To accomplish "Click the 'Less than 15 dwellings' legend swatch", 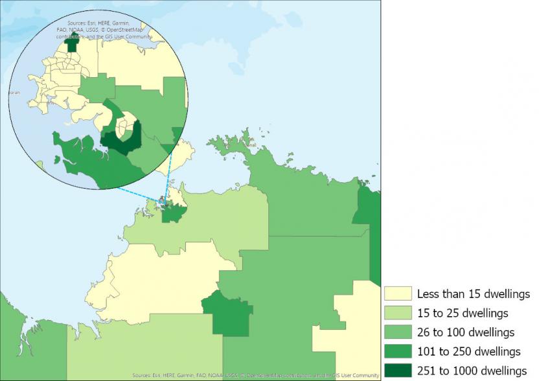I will [398, 294].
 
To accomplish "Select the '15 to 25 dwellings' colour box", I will [398, 313].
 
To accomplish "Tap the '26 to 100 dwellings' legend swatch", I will [398, 332].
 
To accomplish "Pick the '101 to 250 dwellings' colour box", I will [398, 351].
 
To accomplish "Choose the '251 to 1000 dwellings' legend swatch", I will [398, 371].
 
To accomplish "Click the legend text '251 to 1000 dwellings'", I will [472, 371].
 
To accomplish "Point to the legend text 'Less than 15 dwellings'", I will [474, 294].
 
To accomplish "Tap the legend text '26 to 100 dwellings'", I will [466, 332].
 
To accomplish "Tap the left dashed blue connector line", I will [139, 194].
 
